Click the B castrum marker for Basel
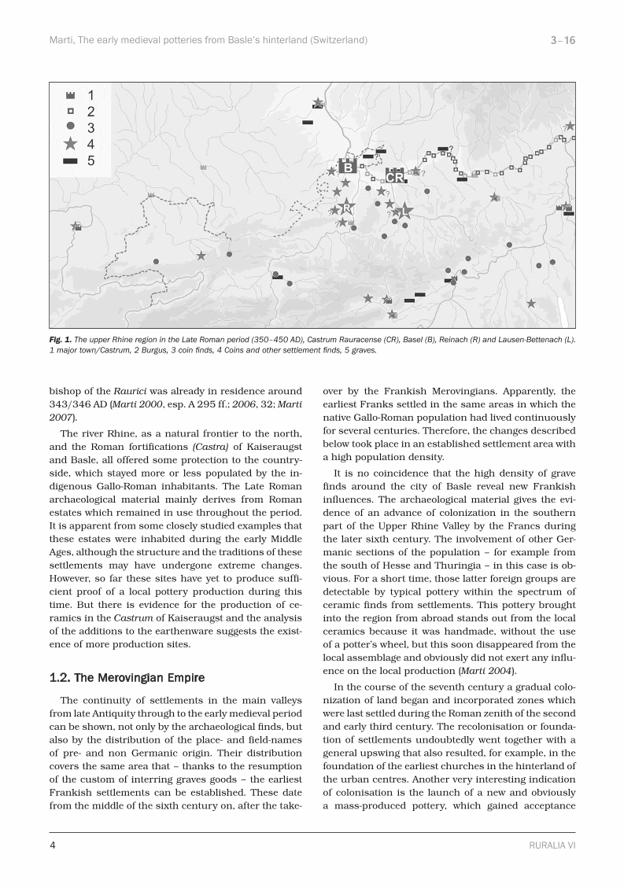pos(346,167)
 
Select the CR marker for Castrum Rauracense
pos(395,177)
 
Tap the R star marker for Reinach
pos(346,207)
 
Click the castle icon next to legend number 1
pos(71,94)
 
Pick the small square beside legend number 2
pos(71,111)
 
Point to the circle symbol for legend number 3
pos(71,127)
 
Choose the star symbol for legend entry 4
pos(71,143)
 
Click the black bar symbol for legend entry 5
pos(71,160)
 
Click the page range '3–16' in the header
pos(563,39)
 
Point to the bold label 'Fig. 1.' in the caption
pos(61,340)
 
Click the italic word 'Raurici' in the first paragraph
pos(130,391)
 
